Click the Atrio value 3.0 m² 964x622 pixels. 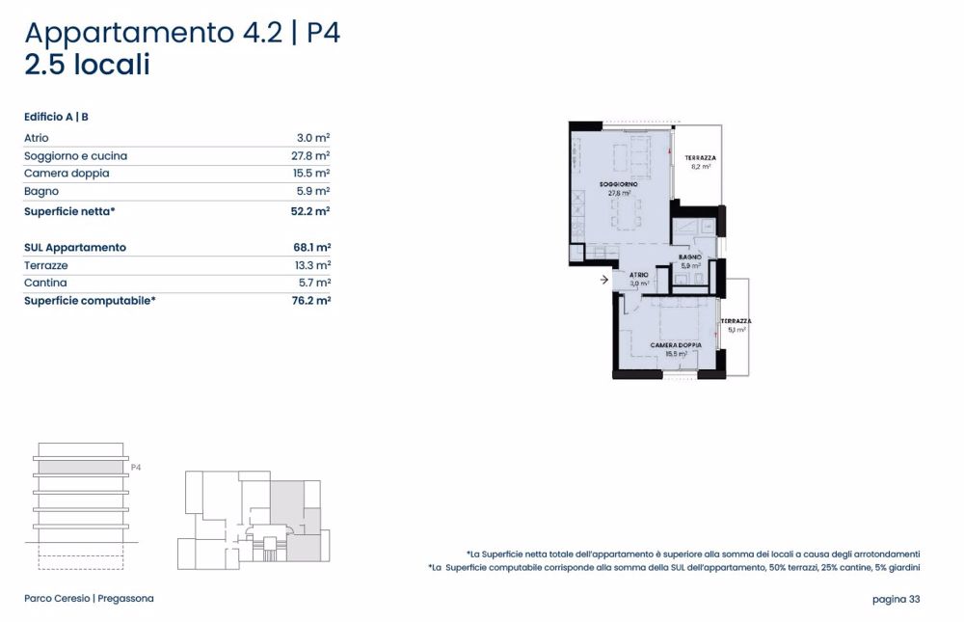tap(313, 138)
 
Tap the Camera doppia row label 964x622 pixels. tap(67, 174)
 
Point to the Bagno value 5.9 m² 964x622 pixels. tap(313, 192)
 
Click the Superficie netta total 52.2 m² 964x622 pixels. tap(309, 210)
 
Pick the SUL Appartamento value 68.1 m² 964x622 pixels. tap(310, 248)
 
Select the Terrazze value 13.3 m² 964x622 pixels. tap(310, 265)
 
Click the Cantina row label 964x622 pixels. tap(45, 284)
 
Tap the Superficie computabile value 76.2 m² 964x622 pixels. tap(309, 301)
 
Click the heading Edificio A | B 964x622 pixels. tap(57, 117)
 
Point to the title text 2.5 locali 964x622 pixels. tap(88, 66)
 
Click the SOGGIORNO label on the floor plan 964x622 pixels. tap(618, 183)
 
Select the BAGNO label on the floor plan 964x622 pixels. tap(689, 257)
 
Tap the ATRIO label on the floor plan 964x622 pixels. tap(639, 276)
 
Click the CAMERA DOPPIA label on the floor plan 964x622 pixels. tap(676, 345)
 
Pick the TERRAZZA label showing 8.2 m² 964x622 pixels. tap(700, 158)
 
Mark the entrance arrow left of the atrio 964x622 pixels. tap(603, 281)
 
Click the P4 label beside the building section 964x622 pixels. tap(136, 467)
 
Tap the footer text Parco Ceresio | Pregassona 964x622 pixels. tap(89, 599)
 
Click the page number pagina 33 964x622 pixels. tap(896, 599)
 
